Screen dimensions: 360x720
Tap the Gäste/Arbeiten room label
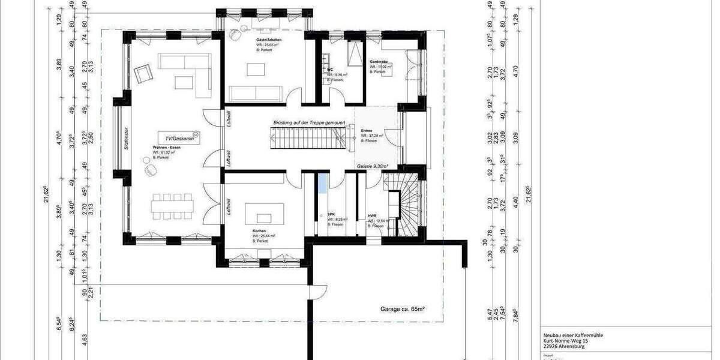point(269,39)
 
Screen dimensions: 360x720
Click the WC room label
point(329,70)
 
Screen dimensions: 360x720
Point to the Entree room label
point(367,130)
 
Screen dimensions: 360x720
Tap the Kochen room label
point(259,230)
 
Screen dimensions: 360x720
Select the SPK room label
point(331,214)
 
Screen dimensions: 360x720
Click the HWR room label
point(372,215)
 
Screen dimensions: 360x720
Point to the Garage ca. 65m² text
point(403,309)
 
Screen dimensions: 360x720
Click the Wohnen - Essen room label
point(167,147)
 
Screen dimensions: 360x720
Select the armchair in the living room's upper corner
point(143,74)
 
